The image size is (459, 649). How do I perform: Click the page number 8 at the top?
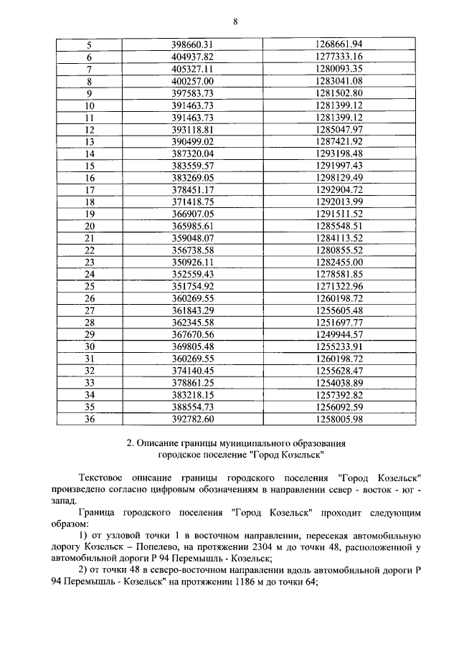coord(235,22)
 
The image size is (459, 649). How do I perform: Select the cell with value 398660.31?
coord(194,44)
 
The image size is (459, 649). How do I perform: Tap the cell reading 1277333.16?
coord(339,56)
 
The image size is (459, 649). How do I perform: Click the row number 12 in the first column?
coord(90,130)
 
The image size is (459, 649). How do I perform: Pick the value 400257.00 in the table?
coord(194,80)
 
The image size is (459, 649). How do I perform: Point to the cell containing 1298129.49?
coord(339,178)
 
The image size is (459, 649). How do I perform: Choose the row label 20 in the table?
coord(90,226)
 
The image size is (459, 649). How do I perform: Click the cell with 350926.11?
coord(194,262)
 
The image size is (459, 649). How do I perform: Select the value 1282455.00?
coord(339,262)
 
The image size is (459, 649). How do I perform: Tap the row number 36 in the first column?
coord(90,420)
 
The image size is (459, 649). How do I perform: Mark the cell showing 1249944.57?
coord(339,335)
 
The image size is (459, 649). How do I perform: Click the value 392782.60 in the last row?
coord(194,420)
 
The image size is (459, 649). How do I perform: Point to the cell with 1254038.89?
coord(339,384)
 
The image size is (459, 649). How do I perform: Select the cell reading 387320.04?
coord(194,153)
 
